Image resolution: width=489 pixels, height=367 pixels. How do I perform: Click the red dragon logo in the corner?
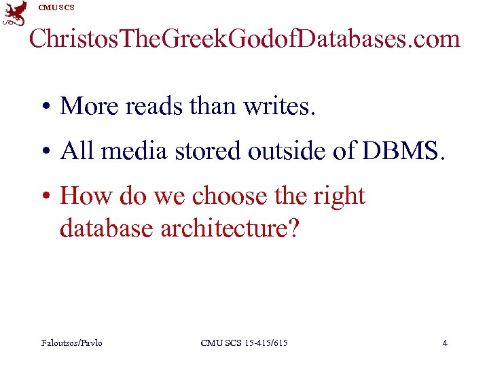point(15,14)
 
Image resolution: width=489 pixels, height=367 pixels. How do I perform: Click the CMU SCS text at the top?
point(56,7)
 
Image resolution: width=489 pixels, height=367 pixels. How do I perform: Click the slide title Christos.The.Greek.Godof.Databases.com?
point(244,39)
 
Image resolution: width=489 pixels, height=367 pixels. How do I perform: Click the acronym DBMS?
point(403,151)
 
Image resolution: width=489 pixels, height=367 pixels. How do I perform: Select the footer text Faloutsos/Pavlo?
point(72,343)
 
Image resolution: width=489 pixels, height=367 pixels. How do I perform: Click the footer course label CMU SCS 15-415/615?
point(244,343)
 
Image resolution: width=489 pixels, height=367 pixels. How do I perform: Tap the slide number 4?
point(445,343)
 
